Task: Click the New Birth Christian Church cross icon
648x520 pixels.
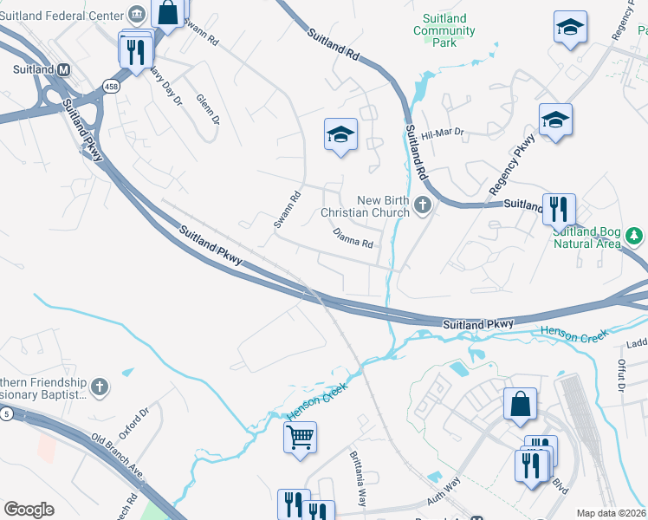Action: point(422,205)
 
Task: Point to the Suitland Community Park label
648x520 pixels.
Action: point(444,30)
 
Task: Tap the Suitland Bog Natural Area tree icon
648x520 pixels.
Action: point(634,235)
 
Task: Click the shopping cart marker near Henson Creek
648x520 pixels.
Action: point(300,437)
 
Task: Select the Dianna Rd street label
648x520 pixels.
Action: point(353,238)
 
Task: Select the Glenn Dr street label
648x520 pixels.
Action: point(208,108)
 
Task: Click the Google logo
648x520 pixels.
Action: point(29,510)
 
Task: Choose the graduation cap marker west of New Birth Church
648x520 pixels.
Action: point(341,134)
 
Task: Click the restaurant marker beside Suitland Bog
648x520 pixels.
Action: point(557,208)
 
